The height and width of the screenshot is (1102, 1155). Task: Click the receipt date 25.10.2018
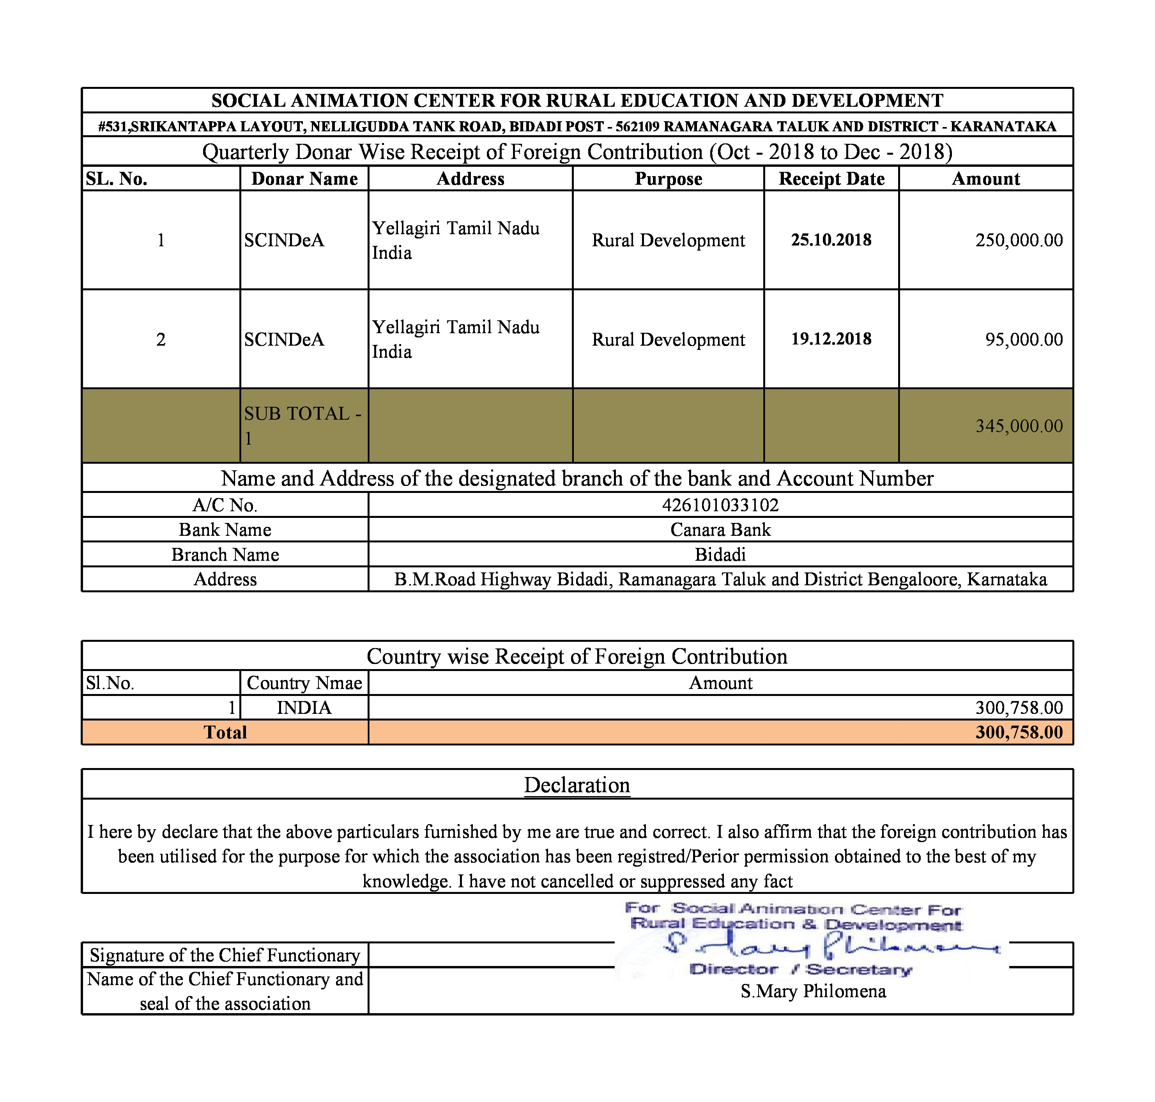[x=831, y=240]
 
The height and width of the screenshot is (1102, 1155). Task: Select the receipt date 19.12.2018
[x=831, y=339]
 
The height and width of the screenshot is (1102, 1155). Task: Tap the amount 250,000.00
[x=1019, y=240]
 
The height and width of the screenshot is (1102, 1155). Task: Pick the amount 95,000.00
[x=1023, y=339]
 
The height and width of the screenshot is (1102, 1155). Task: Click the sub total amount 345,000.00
[x=1019, y=426]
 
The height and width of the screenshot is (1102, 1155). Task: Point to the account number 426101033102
[x=720, y=505]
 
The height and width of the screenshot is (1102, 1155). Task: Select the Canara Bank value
[x=720, y=530]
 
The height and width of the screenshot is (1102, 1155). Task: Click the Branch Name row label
[x=225, y=555]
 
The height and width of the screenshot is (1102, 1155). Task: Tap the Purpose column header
[x=668, y=178]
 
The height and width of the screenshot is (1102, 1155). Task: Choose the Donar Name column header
[x=304, y=178]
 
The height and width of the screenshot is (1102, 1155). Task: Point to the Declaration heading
[x=577, y=785]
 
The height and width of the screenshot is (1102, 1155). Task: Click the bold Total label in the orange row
[x=225, y=733]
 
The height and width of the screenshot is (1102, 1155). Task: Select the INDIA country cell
[x=304, y=708]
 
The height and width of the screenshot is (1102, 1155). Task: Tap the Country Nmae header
[x=304, y=683]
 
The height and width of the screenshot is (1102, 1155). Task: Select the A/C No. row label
[x=225, y=505]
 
